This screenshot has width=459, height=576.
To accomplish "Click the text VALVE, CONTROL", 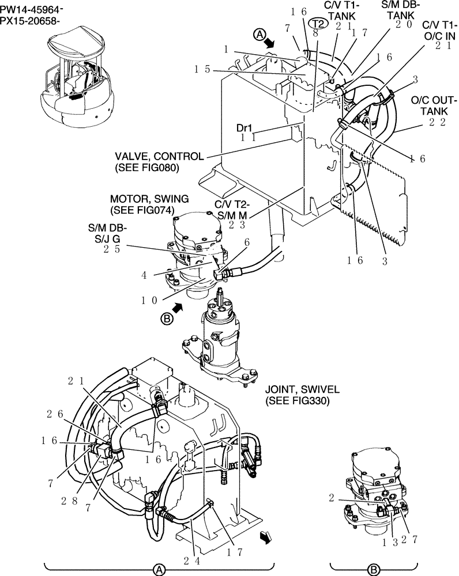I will (159, 157).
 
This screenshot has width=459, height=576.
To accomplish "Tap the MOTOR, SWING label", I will (149, 199).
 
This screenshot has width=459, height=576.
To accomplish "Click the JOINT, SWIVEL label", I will (298, 390).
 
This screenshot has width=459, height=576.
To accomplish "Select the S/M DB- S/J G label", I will (108, 233).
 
